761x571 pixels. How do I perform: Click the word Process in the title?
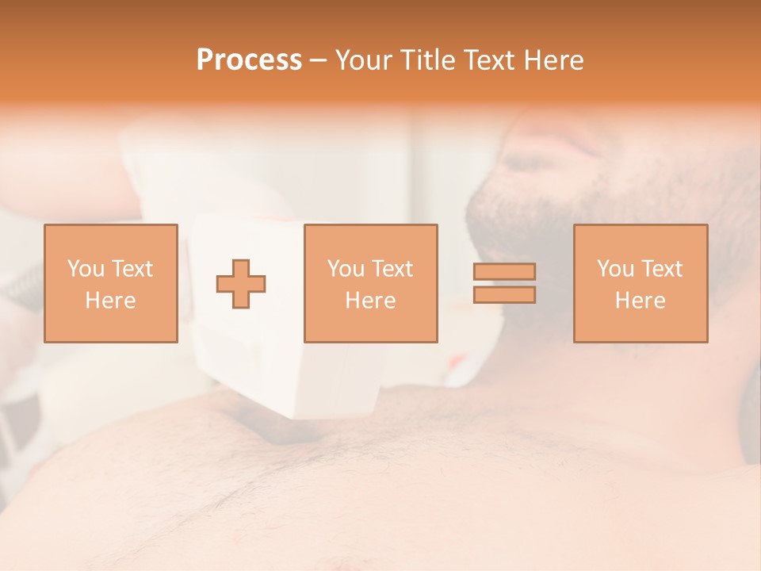(x=249, y=60)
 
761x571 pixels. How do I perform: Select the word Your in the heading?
(x=365, y=60)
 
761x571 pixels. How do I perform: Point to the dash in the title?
(x=318, y=61)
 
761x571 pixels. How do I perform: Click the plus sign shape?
(x=241, y=283)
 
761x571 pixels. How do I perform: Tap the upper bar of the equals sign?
(x=504, y=271)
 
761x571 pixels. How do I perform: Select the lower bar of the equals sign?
(x=504, y=295)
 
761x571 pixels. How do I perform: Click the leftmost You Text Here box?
(x=110, y=283)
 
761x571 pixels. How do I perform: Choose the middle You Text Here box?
(x=370, y=283)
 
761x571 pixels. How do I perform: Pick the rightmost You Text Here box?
(x=640, y=283)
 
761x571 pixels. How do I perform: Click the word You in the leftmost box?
(x=85, y=269)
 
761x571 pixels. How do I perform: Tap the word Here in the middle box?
(x=370, y=300)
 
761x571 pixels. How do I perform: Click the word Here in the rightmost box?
(x=640, y=300)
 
